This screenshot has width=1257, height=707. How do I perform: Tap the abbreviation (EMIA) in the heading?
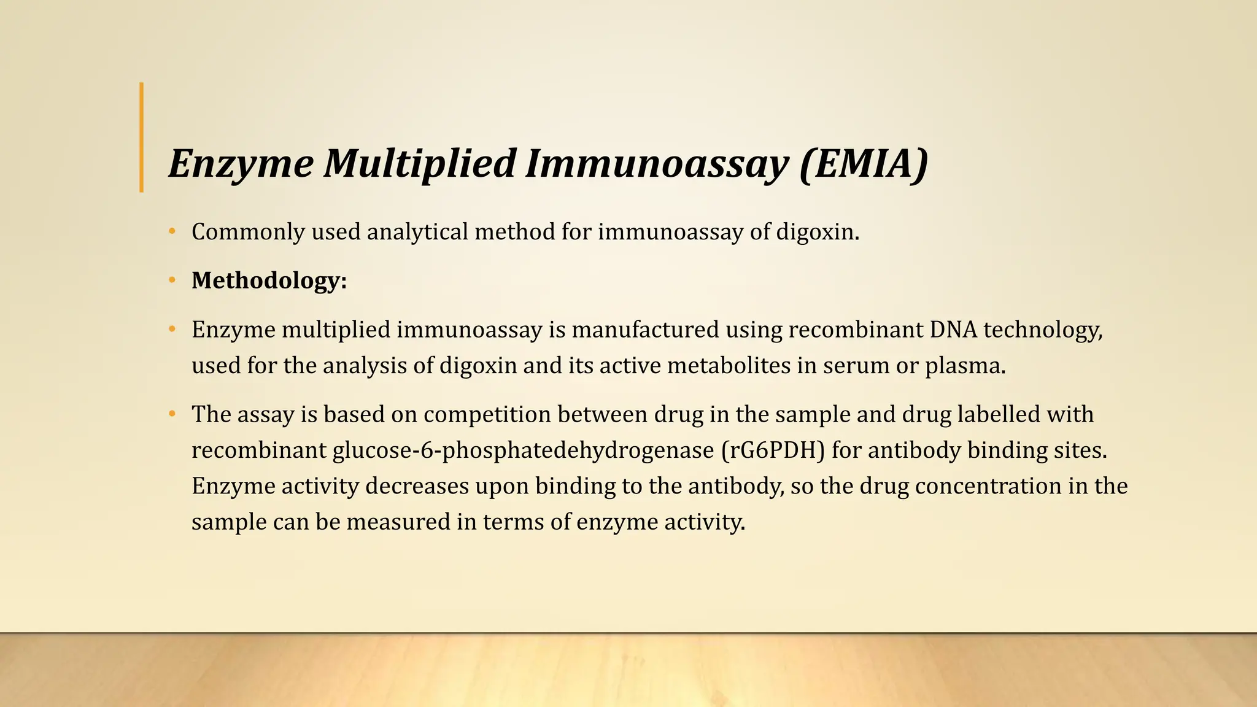[864, 164]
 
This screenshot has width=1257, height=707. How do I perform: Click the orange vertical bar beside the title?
[142, 137]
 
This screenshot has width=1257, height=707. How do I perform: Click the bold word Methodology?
[269, 280]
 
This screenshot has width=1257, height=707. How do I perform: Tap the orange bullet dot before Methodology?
[172, 280]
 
